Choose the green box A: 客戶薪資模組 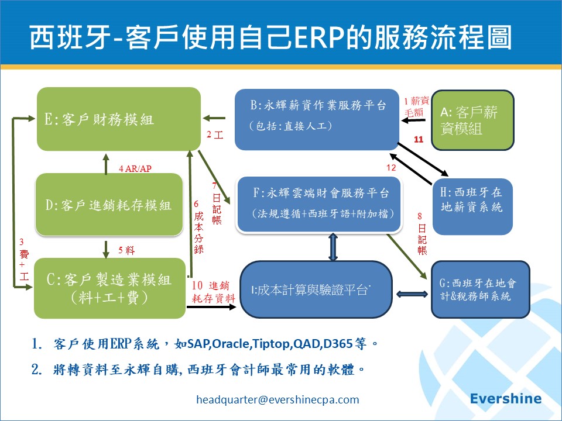(x=473, y=120)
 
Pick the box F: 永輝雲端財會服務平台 (x=320, y=203)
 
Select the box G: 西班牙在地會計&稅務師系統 (x=480, y=289)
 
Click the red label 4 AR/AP (x=135, y=169)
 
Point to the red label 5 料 (x=126, y=251)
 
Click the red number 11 (x=419, y=140)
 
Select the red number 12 (x=391, y=168)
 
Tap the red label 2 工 (x=215, y=135)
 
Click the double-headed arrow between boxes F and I (x=333, y=247)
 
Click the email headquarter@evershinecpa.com (x=277, y=400)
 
